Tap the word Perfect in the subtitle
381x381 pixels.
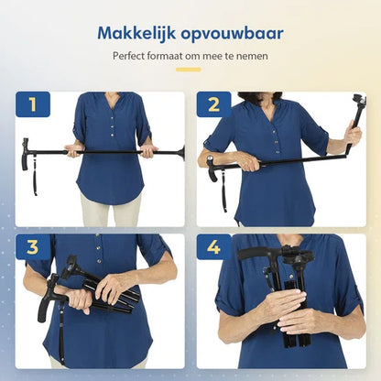pyautogui.click(x=130, y=57)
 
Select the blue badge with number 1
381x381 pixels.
pyautogui.click(x=33, y=105)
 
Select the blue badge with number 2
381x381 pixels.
pyautogui.click(x=213, y=105)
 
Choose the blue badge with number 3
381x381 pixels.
pyautogui.click(x=33, y=247)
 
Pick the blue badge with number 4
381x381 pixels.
pyautogui.click(x=213, y=247)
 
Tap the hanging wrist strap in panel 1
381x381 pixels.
pyautogui.click(x=34, y=179)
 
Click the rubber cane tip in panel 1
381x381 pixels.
pyautogui.click(x=181, y=151)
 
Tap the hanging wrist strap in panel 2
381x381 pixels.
pyautogui.click(x=223, y=192)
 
